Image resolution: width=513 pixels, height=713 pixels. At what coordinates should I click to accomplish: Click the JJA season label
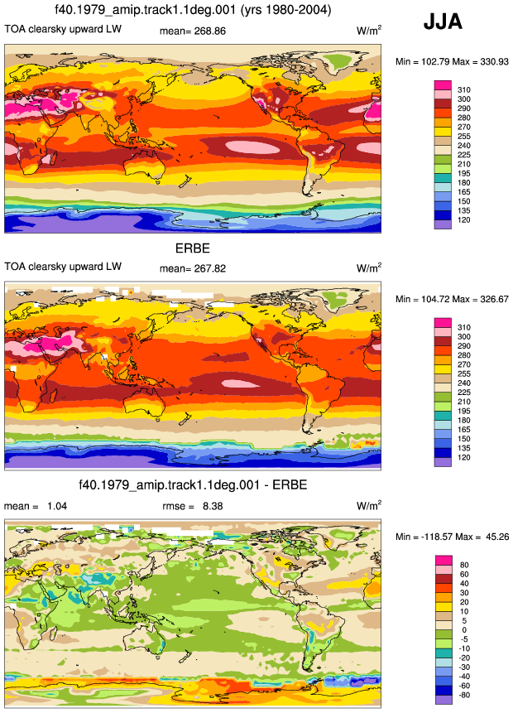coord(443,22)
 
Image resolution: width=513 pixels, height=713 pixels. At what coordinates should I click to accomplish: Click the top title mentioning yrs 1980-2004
coord(193,10)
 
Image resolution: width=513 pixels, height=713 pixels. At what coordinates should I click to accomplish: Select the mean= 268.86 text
coord(193,31)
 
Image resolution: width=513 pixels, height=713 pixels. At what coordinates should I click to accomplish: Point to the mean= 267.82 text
coord(193,268)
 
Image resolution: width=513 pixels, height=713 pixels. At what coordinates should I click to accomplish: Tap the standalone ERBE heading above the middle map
coord(193,248)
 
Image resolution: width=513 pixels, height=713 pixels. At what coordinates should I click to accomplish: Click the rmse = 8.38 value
coord(193,506)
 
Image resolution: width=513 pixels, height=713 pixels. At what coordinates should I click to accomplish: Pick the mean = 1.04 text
coord(36,506)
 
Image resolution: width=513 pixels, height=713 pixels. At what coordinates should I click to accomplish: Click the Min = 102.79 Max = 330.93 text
coord(452,61)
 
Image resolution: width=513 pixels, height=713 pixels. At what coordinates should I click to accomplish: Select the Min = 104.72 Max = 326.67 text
coord(452,299)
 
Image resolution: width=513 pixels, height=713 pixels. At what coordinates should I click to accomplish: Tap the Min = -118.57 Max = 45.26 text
coord(452,537)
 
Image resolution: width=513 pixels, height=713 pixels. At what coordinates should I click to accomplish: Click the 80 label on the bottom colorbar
coord(464,565)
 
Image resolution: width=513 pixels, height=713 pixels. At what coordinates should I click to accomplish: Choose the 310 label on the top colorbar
coord(464,89)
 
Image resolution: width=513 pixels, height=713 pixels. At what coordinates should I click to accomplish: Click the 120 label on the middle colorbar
coord(464,457)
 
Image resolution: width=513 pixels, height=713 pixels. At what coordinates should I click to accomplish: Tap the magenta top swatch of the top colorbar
coord(443,85)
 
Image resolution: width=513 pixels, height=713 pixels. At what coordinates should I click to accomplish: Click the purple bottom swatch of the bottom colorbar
coord(443,700)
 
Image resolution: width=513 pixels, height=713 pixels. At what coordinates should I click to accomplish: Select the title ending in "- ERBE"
coord(193,484)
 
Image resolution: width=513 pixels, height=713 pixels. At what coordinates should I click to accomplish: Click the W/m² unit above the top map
coord(369,31)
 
